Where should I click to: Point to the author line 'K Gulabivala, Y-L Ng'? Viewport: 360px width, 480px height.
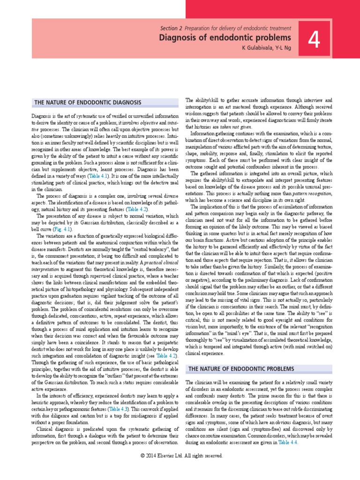coord(265,48)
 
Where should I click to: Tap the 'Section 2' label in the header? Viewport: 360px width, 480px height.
coord(173,29)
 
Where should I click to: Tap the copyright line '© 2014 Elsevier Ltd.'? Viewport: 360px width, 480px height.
coord(180,455)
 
